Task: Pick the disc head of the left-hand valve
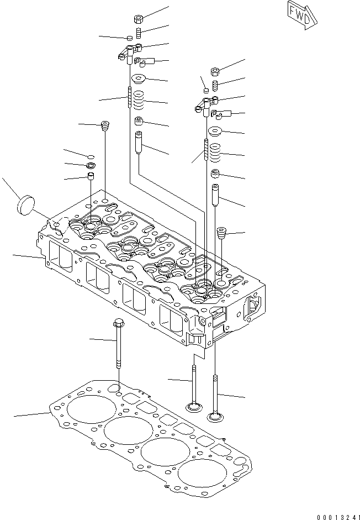(193, 408)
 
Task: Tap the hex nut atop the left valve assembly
(139, 19)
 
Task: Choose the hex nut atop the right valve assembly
(215, 71)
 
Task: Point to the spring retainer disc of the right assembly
(214, 131)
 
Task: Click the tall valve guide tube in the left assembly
(139, 143)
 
